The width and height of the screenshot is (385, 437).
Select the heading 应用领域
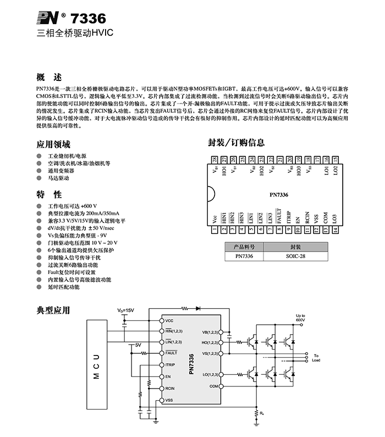click(53, 145)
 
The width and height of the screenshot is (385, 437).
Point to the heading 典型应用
click(53, 310)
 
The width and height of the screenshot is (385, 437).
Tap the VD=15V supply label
click(125, 310)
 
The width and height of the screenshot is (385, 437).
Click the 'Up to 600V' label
click(300, 318)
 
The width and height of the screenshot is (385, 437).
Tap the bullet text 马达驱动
click(58, 178)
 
